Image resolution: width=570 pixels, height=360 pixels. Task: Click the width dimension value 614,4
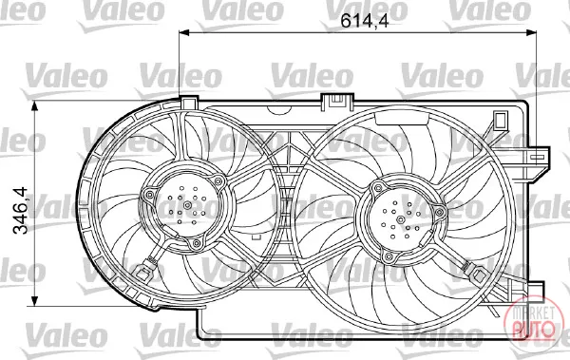click(365, 21)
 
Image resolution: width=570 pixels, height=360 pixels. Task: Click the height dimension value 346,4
click(20, 210)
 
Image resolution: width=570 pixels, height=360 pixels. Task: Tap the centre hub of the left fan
click(187, 205)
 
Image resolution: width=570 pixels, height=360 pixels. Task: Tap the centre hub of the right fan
click(401, 219)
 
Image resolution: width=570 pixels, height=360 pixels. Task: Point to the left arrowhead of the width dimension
click(184, 32)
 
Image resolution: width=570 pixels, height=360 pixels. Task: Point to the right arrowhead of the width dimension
click(532, 32)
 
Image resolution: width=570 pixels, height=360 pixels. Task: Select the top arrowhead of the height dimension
click(35, 106)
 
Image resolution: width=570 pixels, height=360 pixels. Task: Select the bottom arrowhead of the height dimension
click(35, 301)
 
